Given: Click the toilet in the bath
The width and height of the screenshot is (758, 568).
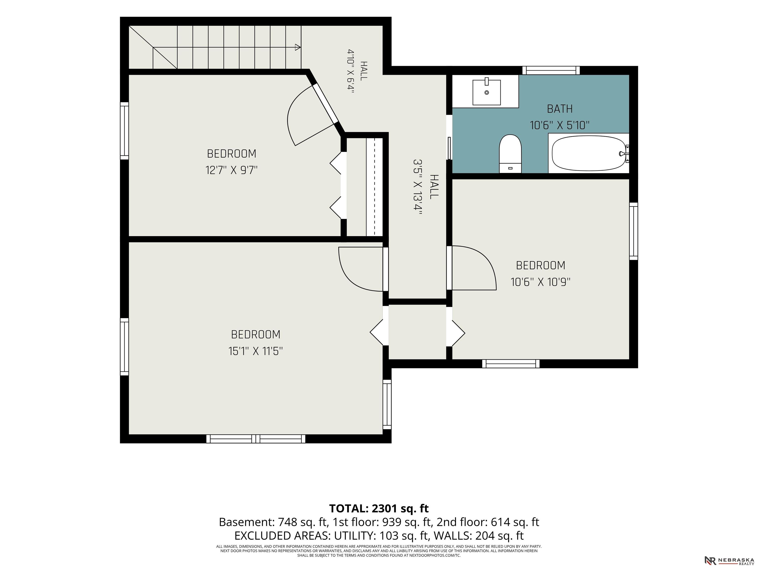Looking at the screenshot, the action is pyautogui.click(x=510, y=154).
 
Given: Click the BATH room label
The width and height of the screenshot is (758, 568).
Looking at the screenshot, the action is pyautogui.click(x=560, y=109).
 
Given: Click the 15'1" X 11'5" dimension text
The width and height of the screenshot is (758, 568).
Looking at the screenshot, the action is pyautogui.click(x=256, y=351).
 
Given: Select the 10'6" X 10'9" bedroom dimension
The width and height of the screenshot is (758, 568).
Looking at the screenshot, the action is pyautogui.click(x=540, y=282).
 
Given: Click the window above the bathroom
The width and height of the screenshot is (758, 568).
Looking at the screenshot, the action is pyautogui.click(x=551, y=70).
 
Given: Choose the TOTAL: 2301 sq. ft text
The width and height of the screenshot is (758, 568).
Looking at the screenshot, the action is pyautogui.click(x=379, y=508).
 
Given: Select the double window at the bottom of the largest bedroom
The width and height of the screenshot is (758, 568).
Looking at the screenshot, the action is pyautogui.click(x=256, y=439).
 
